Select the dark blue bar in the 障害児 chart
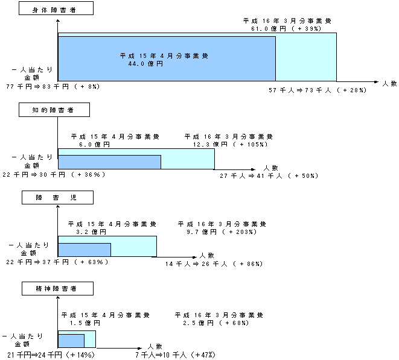(85, 250)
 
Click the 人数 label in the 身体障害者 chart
(389, 84)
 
